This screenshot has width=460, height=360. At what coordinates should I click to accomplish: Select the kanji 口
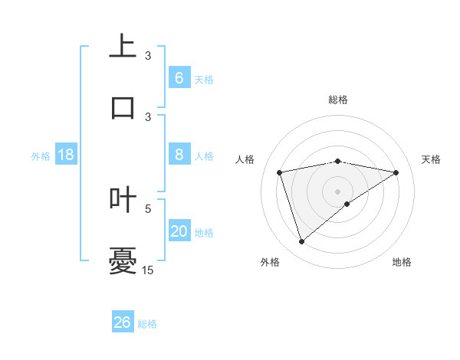pyautogui.click(x=123, y=106)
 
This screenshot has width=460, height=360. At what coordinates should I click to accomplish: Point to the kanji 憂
pyautogui.click(x=123, y=260)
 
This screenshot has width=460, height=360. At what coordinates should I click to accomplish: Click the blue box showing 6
pyautogui.click(x=179, y=77)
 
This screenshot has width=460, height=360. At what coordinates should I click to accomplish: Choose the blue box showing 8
pyautogui.click(x=179, y=155)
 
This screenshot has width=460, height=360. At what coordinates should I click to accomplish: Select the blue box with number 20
pyautogui.click(x=179, y=231)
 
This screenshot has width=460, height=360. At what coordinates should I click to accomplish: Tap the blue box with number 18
pyautogui.click(x=66, y=155)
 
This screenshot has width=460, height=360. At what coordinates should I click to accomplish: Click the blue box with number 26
pyautogui.click(x=123, y=322)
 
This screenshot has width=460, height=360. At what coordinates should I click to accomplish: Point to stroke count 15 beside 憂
pyautogui.click(x=148, y=270)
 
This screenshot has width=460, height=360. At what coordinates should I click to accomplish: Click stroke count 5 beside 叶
pyautogui.click(x=148, y=208)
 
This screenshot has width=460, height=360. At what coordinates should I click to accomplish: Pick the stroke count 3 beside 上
pyautogui.click(x=148, y=55)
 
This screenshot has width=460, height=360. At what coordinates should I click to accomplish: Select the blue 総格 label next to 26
pyautogui.click(x=148, y=324)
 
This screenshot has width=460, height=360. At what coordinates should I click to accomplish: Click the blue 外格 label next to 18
pyautogui.click(x=41, y=156)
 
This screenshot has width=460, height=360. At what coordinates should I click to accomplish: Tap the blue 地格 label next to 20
pyautogui.click(x=204, y=233)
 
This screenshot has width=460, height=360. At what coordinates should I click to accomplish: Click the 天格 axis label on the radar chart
pyautogui.click(x=431, y=159)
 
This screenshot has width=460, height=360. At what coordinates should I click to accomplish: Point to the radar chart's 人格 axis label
pyautogui.click(x=245, y=159)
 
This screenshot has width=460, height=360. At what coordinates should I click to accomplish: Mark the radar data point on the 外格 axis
pyautogui.click(x=301, y=242)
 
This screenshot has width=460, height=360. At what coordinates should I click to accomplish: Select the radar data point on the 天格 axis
pyautogui.click(x=396, y=172)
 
